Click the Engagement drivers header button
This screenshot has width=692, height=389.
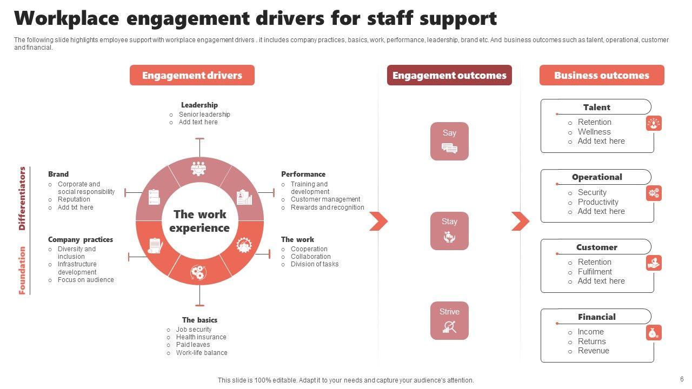tap(192, 75)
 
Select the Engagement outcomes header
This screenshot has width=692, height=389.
tap(449, 75)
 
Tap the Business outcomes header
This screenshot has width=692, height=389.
tap(601, 75)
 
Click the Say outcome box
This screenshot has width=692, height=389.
tap(449, 141)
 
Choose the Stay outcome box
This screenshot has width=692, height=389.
tap(449, 231)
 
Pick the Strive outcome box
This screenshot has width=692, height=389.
tap(449, 320)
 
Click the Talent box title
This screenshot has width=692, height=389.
tap(596, 107)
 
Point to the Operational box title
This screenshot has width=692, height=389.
tap(596, 177)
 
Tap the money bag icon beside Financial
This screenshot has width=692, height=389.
tap(654, 333)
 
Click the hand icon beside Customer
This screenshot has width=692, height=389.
tap(654, 263)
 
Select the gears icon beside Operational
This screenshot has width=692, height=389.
tap(654, 193)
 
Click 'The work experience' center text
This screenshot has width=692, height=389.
tap(199, 221)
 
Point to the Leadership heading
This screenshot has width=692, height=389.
tap(199, 105)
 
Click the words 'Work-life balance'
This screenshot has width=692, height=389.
tap(202, 353)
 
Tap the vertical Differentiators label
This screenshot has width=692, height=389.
tap(22, 198)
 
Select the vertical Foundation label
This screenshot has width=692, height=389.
tap(22, 270)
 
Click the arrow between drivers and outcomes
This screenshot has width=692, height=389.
tap(378, 221)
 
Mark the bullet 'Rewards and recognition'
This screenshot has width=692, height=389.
tap(327, 207)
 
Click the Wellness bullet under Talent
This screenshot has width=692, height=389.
tap(594, 132)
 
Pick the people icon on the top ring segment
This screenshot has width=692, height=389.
tap(199, 168)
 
